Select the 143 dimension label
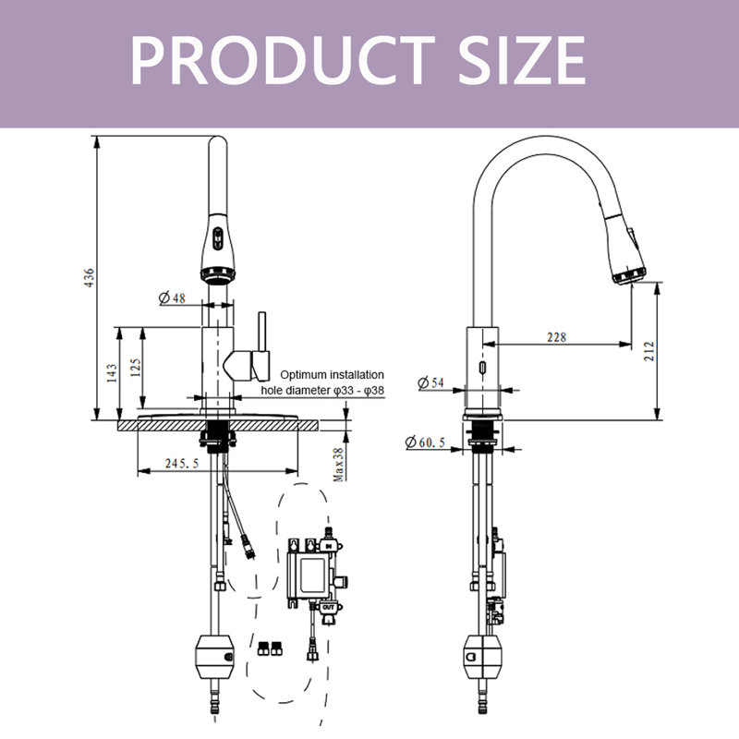pos(112,372)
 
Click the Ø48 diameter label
pos(173,297)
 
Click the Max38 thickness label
pos(339,462)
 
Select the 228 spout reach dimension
pos(556,337)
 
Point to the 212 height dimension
pos(648,351)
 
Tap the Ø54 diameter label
pos(431,382)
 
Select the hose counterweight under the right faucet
pos(481,657)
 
